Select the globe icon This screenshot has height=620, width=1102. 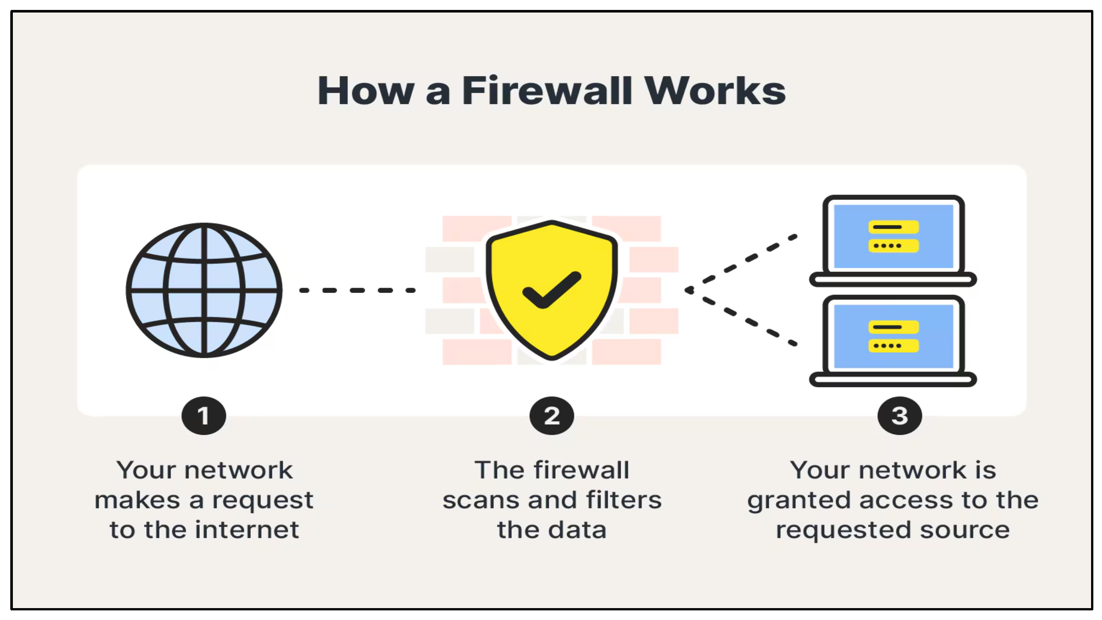[204, 290]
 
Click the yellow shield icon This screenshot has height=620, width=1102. [552, 256]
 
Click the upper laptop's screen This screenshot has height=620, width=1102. [893, 236]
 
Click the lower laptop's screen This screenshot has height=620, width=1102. [893, 336]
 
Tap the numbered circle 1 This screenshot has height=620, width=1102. [204, 416]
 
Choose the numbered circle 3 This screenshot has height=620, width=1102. [899, 416]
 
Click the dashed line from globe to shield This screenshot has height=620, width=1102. [357, 290]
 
